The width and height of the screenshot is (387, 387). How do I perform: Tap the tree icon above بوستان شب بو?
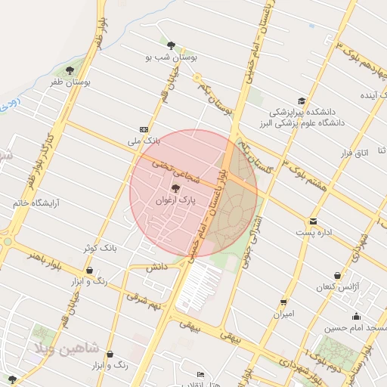pos(171,45)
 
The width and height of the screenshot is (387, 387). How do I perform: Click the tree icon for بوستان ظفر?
pos(70,71)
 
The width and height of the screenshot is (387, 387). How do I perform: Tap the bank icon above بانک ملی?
pos(144,129)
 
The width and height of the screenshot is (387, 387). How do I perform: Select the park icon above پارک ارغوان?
pos(176,188)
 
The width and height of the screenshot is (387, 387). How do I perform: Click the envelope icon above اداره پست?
pos(313,221)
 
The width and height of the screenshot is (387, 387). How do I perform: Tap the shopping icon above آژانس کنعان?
pos(337,276)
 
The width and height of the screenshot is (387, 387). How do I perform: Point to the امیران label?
pos(283,313)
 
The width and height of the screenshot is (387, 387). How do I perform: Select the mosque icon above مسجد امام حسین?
pos(356,316)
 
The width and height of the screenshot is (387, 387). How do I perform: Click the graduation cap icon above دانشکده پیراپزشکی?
pos(302,101)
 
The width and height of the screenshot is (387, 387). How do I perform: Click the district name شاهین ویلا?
pos(63,348)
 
